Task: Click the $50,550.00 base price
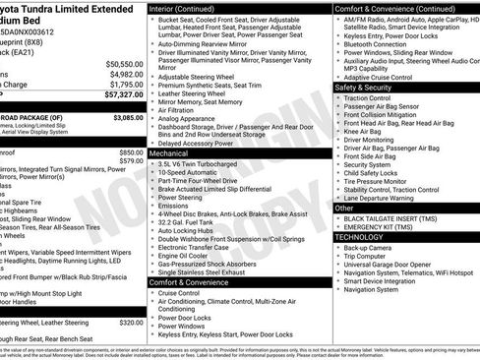123,63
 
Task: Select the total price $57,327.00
123,95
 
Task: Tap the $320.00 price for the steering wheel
131,321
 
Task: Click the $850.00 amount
131,152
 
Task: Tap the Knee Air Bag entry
363,131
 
